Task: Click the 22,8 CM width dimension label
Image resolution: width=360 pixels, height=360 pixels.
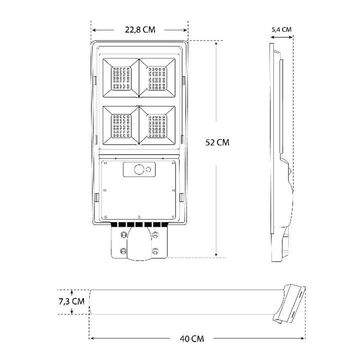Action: (x=140, y=29)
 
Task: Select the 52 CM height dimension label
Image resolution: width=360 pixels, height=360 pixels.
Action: (x=217, y=142)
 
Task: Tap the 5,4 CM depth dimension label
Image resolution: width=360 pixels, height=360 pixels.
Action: (x=281, y=29)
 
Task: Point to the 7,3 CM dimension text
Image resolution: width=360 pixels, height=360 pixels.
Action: (x=71, y=301)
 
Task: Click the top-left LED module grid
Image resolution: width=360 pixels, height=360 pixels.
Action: (x=121, y=78)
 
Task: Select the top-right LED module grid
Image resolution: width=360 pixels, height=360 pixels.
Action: (x=157, y=78)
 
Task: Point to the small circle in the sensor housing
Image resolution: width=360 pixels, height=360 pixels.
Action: (x=148, y=169)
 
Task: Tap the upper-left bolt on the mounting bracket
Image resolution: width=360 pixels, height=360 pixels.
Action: (x=123, y=234)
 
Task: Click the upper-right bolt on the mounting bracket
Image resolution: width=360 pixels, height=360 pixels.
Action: (x=155, y=234)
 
